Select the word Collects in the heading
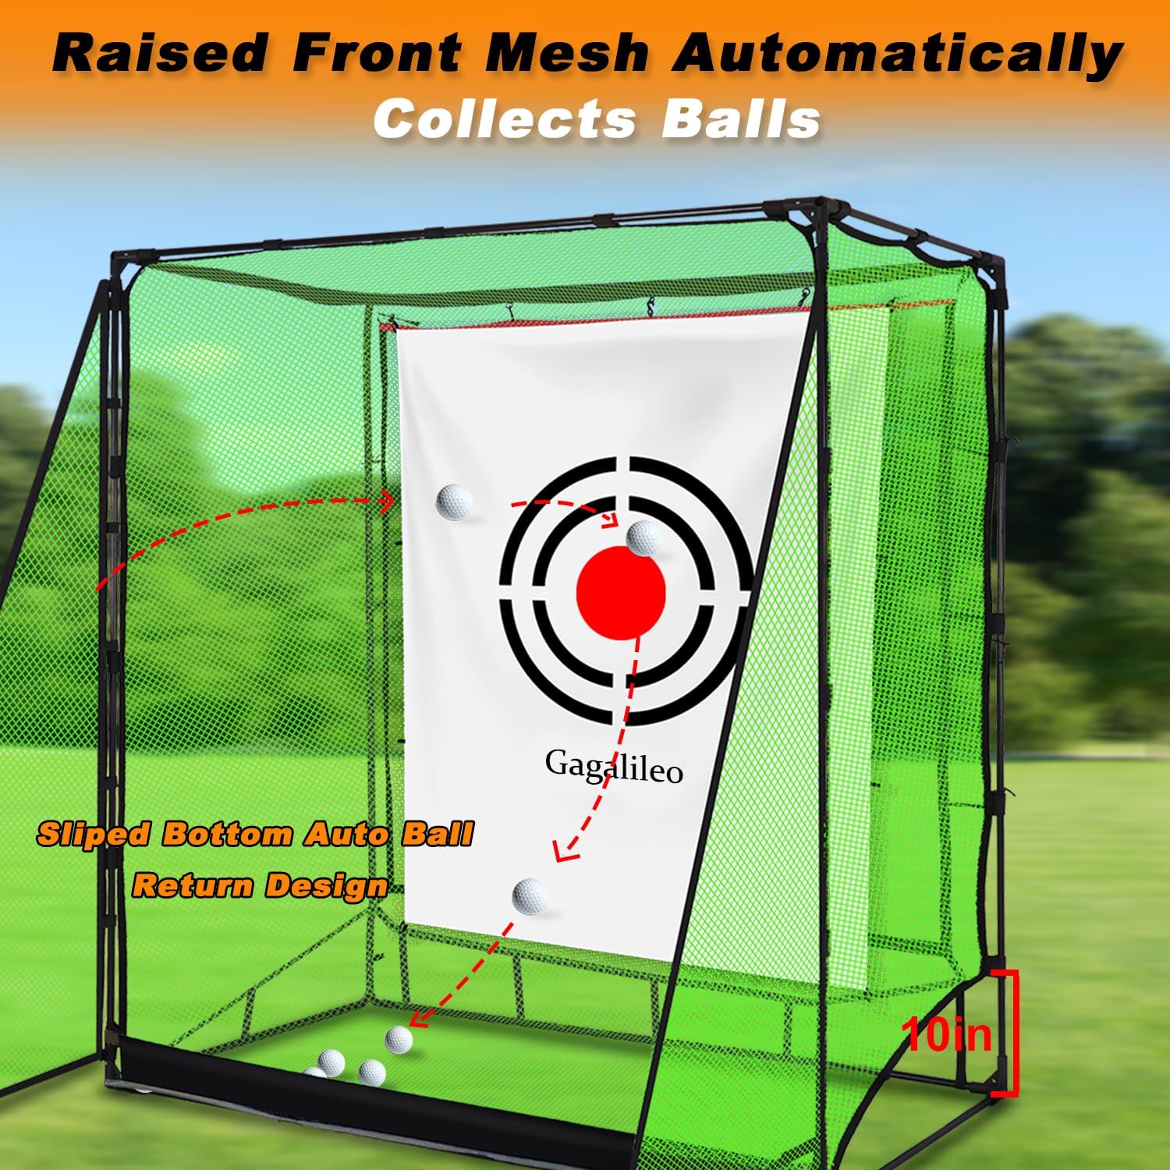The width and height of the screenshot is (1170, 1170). coord(503,119)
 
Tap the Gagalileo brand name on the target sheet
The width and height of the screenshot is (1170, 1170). coord(614,766)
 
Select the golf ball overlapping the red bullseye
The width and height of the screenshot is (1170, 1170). coord(644,538)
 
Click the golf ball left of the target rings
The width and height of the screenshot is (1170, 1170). coord(454,501)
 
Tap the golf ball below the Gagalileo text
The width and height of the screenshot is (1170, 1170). coord(530,895)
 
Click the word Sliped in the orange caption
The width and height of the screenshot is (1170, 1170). coord(92,835)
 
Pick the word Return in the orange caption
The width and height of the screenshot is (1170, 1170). coord(192,886)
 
